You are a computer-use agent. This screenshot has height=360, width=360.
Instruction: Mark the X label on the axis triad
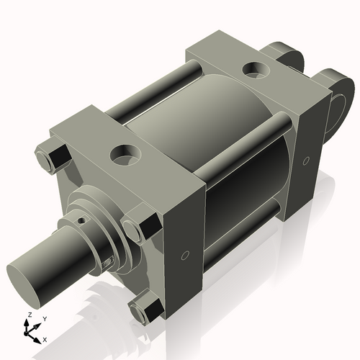tap(45, 338)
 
